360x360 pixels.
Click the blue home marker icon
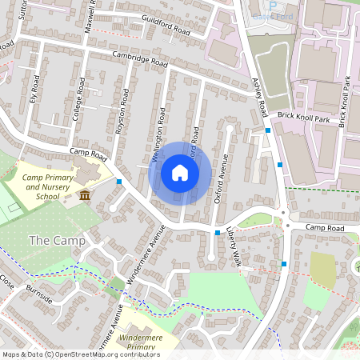click(x=180, y=173)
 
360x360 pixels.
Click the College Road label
click(x=78, y=100)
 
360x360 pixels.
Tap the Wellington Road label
click(x=159, y=140)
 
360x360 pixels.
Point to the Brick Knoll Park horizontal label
click(x=305, y=117)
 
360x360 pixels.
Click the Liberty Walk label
click(x=234, y=246)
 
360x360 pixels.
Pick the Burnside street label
click(x=38, y=293)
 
